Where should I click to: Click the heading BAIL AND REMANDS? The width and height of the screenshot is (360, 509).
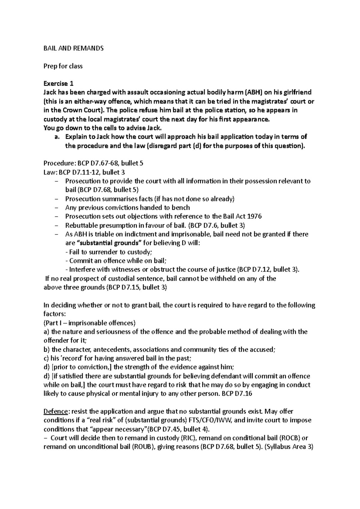pyautogui.click(x=73, y=48)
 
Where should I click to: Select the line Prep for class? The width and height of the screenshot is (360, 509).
pyautogui.click(x=63, y=66)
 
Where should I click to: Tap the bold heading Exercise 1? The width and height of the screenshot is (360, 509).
pyautogui.click(x=58, y=84)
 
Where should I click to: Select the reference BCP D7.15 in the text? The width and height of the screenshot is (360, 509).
pyautogui.click(x=124, y=287)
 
